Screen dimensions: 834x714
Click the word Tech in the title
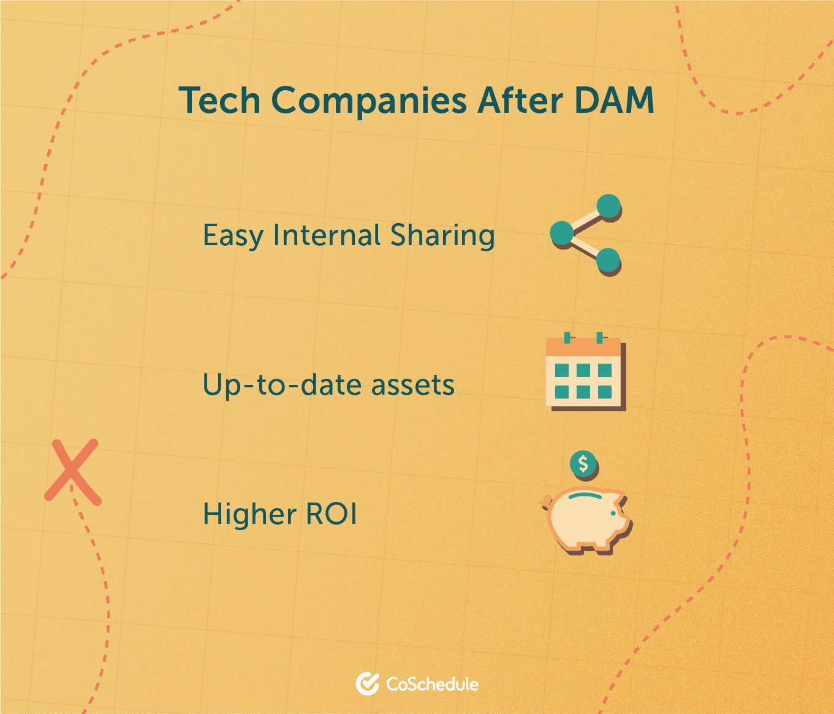coord(219,100)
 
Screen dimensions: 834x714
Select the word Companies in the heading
coord(369,102)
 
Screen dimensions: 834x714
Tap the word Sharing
coord(442,236)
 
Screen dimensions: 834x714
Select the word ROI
coord(331,514)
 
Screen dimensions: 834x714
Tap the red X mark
coord(72,472)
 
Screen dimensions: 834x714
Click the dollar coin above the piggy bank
coord(583,464)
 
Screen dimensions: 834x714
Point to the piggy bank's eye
coord(613,514)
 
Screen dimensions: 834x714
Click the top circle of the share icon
coord(608,207)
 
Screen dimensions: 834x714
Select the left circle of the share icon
coord(562,234)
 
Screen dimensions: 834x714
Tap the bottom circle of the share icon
coord(608,260)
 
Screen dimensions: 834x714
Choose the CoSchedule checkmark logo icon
coord(367,684)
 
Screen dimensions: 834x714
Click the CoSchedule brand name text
coord(432,684)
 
